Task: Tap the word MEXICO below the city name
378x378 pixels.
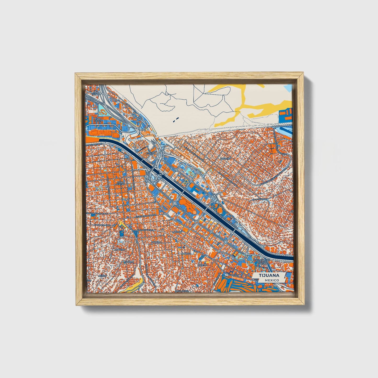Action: pos(271,280)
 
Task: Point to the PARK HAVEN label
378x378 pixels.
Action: pos(98,120)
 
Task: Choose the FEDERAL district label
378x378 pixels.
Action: pos(151,153)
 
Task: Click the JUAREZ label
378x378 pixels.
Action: pos(129,262)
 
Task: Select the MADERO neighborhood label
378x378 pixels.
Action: pos(156,242)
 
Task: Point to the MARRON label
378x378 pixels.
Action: pos(177,232)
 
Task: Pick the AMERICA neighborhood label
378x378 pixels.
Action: pos(186,253)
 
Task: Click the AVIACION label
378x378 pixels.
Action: pos(234,275)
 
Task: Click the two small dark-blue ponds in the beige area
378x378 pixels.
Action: pos(175,120)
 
